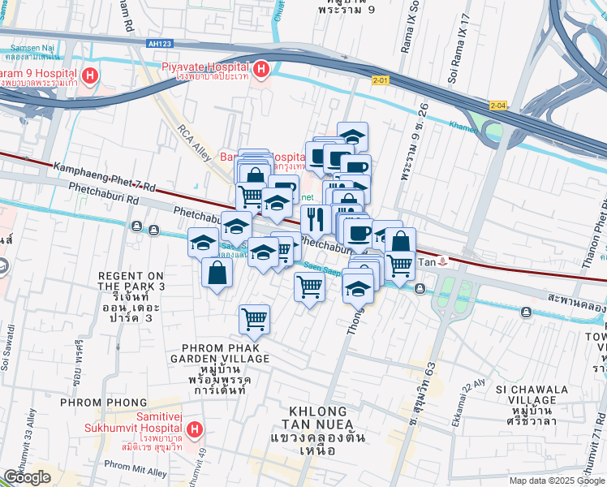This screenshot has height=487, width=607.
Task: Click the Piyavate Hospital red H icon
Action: click(261, 71)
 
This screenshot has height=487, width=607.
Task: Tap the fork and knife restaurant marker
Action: click(313, 218)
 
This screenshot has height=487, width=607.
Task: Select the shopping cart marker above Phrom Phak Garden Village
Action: click(255, 319)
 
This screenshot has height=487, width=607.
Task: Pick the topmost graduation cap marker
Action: click(353, 136)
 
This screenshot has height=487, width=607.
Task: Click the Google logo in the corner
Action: click(26, 477)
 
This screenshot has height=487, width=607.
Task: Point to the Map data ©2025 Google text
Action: click(556, 481)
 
